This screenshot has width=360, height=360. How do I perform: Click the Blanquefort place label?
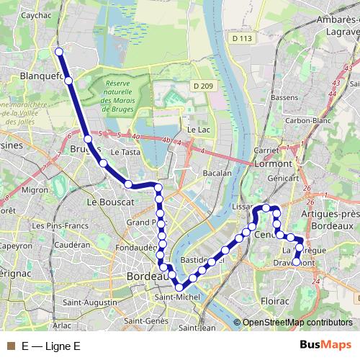[40, 75]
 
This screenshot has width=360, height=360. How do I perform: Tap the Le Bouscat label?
[111, 203]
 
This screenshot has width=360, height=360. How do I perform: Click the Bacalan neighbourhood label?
[217, 173]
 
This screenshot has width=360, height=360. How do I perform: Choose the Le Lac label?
[197, 130]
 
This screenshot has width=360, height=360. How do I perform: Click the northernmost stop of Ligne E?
[60, 52]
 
